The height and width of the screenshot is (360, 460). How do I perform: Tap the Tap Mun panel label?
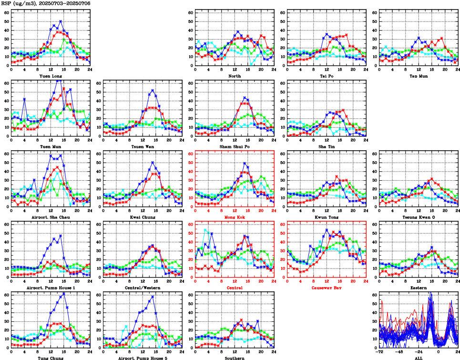pyautogui.click(x=419, y=75)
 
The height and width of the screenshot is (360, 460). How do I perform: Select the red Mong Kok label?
pyautogui.click(x=235, y=217)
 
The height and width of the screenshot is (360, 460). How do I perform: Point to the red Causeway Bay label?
pyautogui.click(x=327, y=288)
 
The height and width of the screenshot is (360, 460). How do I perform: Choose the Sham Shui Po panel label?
pyautogui.click(x=235, y=146)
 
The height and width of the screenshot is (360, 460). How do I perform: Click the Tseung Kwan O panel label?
pyautogui.click(x=419, y=217)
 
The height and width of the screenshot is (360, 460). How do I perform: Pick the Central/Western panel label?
pyautogui.click(x=142, y=288)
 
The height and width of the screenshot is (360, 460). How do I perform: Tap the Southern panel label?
pyautogui.click(x=235, y=358)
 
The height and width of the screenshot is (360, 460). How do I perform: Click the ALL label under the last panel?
pyautogui.click(x=419, y=358)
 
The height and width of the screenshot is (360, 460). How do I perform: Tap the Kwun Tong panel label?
pyautogui.click(x=327, y=217)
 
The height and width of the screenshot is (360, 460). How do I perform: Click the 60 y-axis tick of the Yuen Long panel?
pyautogui.click(x=7, y=12)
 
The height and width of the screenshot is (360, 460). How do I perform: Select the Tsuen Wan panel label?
pyautogui.click(x=142, y=146)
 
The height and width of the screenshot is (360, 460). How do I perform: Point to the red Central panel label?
pyautogui.click(x=235, y=288)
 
